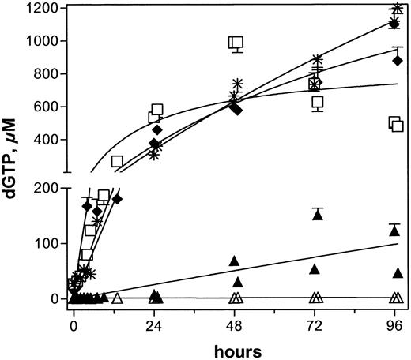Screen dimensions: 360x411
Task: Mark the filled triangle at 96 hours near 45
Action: coord(398,272)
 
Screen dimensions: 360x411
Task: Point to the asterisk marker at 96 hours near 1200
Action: coord(398,9)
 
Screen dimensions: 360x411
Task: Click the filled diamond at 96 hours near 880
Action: coord(398,60)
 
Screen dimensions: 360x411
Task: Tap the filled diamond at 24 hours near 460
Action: coord(157,129)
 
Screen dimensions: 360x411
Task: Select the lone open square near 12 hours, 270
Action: coord(117,161)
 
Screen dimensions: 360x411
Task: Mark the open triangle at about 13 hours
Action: coord(118,298)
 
